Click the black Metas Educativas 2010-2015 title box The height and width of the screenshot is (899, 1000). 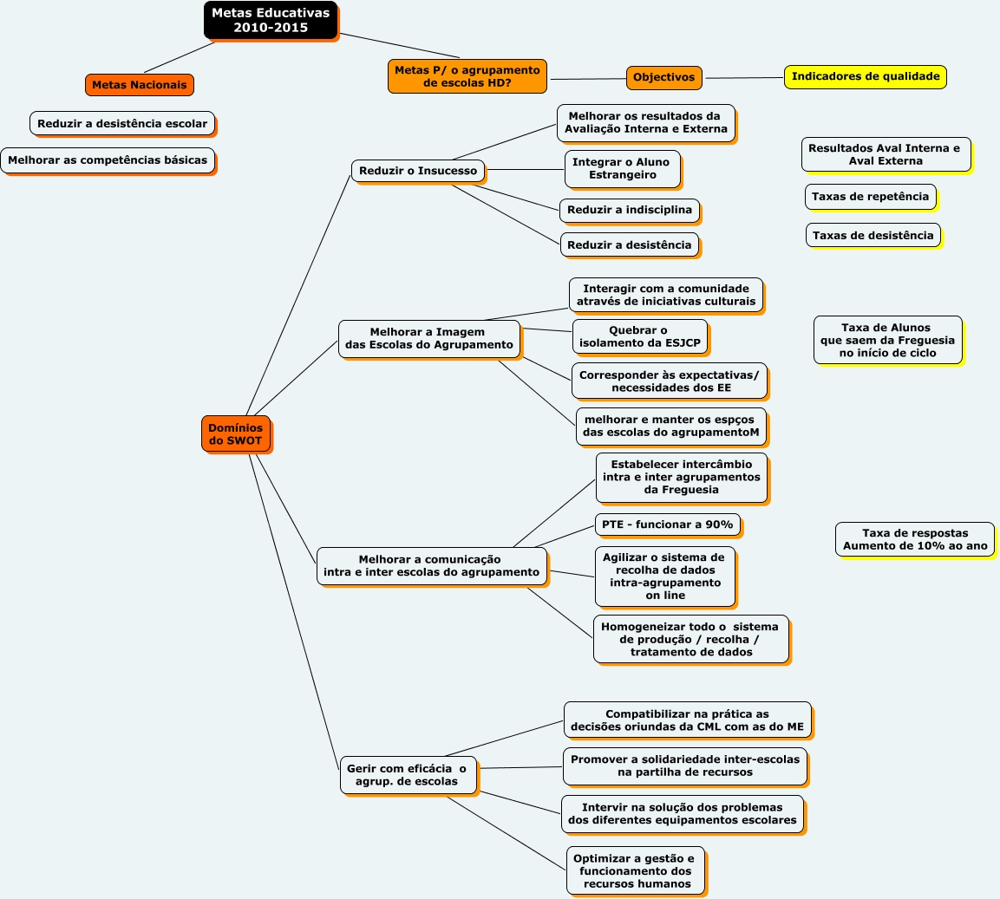coord(271,20)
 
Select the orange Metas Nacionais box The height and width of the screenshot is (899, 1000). coord(139,85)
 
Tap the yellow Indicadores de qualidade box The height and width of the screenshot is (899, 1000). coord(865,76)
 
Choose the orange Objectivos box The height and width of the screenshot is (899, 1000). coord(663,77)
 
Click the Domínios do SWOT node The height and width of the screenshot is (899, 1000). coord(235,433)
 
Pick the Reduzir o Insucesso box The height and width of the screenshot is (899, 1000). coord(418,171)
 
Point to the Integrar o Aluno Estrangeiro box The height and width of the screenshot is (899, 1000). coord(622,168)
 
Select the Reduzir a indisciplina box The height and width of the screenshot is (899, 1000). coord(629,210)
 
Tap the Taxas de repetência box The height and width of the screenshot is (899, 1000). coord(870,197)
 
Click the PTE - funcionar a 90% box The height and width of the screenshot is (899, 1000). coord(667,524)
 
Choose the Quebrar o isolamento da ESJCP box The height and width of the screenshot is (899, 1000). coord(639,336)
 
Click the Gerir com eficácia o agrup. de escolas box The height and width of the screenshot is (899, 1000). coord(408,774)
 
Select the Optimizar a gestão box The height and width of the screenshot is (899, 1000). coord(636,870)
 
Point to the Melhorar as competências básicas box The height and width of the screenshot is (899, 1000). coord(108,160)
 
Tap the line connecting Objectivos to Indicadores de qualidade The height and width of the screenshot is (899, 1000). coord(743,78)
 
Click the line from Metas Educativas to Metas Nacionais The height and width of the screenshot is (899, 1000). coord(180,57)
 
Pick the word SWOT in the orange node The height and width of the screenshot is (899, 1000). coord(244,441)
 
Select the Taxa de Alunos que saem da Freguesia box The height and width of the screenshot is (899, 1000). coord(887,340)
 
